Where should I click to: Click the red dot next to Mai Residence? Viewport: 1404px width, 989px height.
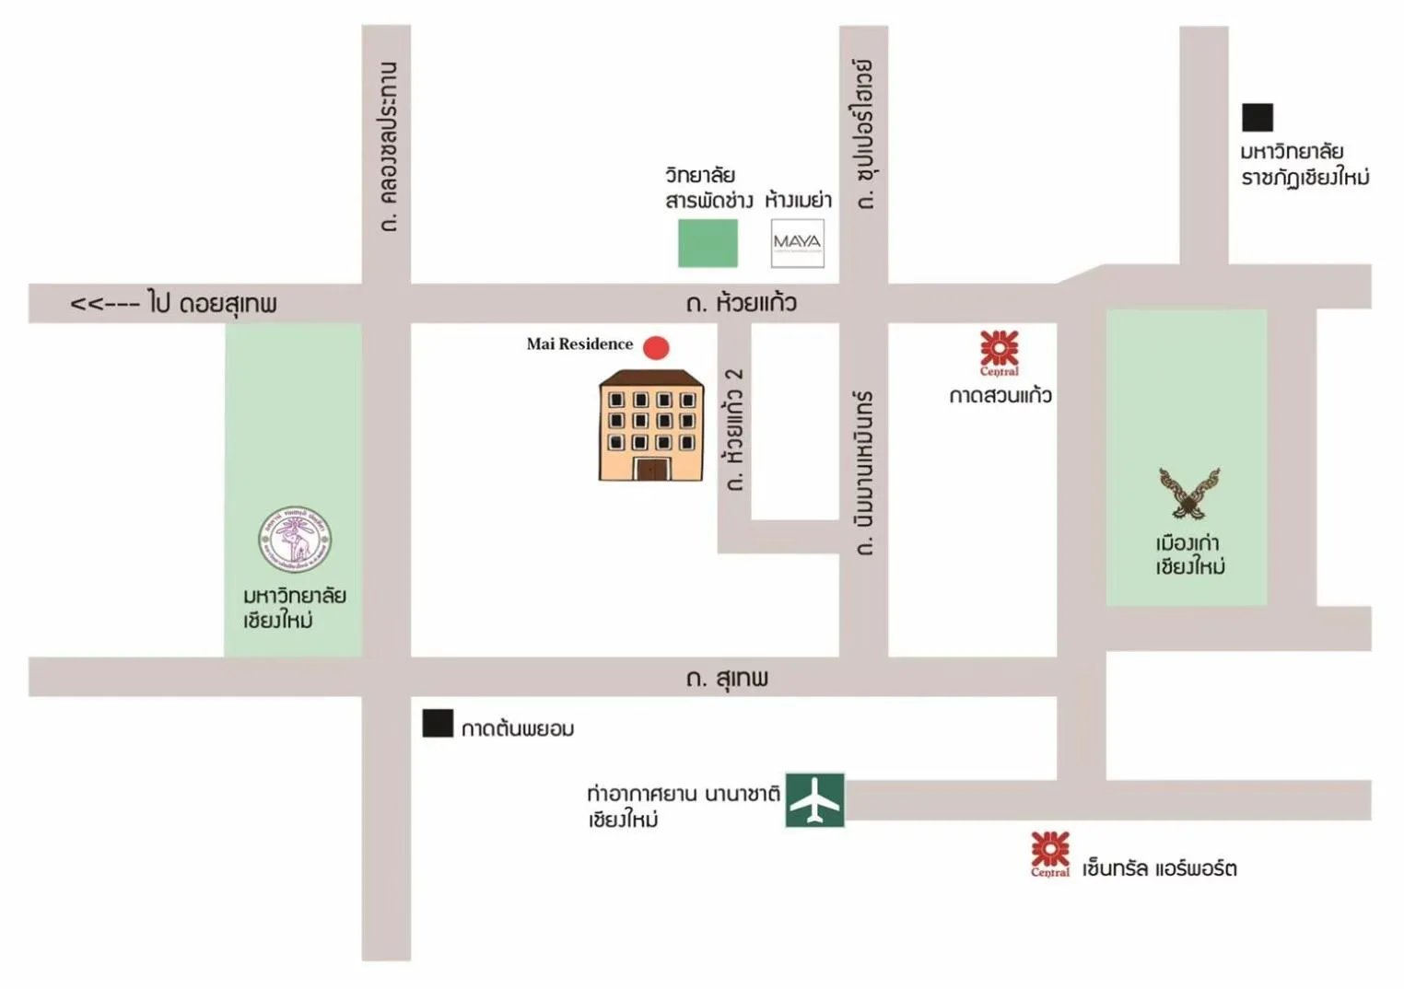655,347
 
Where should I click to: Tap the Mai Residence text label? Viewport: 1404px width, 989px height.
579,344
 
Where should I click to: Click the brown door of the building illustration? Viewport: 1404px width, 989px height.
650,469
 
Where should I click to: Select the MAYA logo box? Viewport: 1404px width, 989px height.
797,243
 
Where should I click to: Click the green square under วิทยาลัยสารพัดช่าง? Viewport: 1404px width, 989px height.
708,243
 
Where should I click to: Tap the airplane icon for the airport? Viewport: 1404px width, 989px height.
814,799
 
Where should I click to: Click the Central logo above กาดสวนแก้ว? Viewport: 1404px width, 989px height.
999,353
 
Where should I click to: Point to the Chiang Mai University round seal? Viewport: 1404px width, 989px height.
295,539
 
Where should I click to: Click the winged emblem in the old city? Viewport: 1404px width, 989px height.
1189,493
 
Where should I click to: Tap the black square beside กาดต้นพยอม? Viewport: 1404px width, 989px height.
438,724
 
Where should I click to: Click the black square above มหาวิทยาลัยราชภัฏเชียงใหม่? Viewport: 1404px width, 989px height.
1257,118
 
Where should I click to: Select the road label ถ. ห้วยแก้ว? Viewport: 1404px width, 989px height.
741,303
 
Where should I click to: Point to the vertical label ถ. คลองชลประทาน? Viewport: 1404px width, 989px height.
388,146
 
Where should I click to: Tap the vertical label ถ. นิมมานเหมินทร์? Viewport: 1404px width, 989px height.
863,472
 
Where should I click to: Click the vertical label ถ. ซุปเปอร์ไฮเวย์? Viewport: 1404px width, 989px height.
864,134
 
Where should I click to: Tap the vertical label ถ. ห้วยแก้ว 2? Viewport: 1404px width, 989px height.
734,429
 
